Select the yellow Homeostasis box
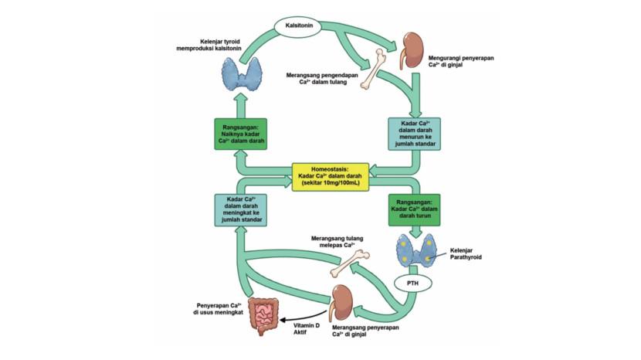point(330,176)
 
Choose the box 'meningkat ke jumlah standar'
point(239,209)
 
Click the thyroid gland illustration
point(241,73)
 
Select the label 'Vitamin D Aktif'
point(307,331)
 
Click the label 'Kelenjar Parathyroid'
point(467,253)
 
